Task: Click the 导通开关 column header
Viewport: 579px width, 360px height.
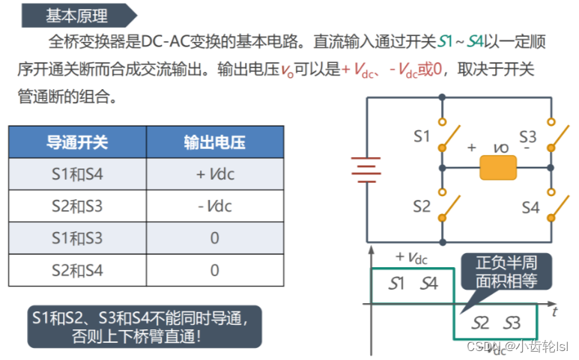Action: [x=77, y=142]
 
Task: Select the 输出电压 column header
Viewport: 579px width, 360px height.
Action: [x=214, y=142]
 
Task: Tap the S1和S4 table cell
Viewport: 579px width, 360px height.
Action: [x=77, y=174]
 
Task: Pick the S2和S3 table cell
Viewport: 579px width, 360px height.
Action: [x=77, y=206]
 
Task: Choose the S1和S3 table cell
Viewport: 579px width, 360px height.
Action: [x=77, y=238]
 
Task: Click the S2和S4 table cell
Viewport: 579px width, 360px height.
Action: [x=77, y=270]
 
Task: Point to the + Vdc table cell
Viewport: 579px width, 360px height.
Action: [x=214, y=174]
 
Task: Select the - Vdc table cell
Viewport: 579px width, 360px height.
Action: [x=214, y=206]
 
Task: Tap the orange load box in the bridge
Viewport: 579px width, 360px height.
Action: [x=498, y=168]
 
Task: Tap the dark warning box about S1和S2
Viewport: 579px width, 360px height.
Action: [x=145, y=326]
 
